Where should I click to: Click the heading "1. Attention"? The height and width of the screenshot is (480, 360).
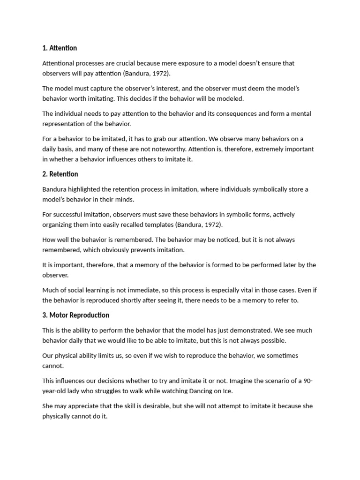click(x=60, y=48)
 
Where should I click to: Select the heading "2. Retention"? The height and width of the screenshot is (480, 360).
click(x=60, y=174)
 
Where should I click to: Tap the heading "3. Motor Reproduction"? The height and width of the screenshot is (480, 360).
click(x=75, y=315)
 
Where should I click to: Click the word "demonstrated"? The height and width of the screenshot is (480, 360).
click(x=239, y=330)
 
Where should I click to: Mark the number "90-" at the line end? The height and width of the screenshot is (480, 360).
click(x=307, y=381)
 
